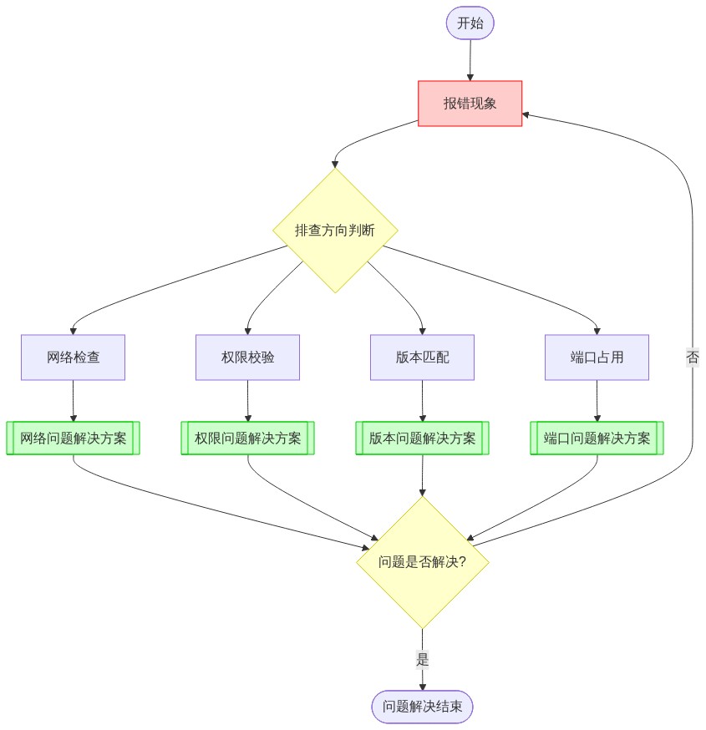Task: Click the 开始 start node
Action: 470,23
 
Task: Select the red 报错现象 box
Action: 470,104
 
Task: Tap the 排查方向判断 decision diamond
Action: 335,231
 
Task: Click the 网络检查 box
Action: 74,357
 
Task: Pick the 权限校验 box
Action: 248,357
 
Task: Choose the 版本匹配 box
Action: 422,357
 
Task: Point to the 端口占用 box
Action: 597,357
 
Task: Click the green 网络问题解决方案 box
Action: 74,439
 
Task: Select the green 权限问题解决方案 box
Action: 248,439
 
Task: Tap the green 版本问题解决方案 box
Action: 422,439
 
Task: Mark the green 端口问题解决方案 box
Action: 597,439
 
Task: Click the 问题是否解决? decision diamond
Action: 422,562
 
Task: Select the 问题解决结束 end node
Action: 422,707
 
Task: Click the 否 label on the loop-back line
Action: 693,357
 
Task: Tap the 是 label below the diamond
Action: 422,659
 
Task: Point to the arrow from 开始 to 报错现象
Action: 470,60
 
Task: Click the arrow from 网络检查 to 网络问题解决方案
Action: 74,401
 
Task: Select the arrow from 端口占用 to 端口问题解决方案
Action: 597,401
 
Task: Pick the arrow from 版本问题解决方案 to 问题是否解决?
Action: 422,476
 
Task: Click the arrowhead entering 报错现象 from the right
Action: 528,115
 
